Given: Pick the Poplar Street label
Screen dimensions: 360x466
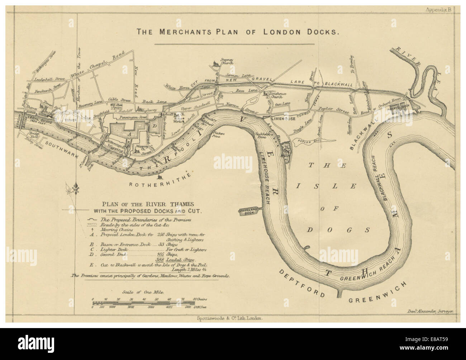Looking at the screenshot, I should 336,112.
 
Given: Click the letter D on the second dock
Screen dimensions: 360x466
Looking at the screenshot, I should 155,126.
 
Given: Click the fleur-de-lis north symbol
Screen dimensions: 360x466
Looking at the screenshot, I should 76,188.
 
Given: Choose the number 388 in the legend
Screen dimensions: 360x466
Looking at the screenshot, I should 160,260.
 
